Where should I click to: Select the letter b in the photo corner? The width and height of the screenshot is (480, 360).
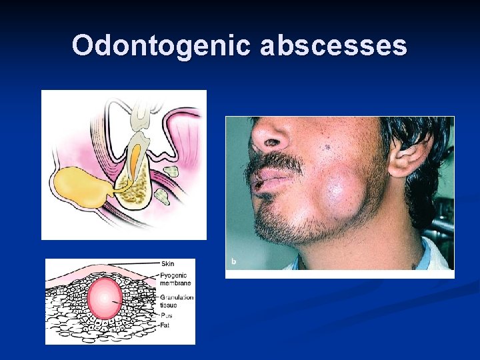tap(233, 261)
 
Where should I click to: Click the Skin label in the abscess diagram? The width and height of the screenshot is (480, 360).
tap(167, 265)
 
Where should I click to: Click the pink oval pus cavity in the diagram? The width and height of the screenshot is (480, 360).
tap(105, 298)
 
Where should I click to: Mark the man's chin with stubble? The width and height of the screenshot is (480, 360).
tap(287, 223)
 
